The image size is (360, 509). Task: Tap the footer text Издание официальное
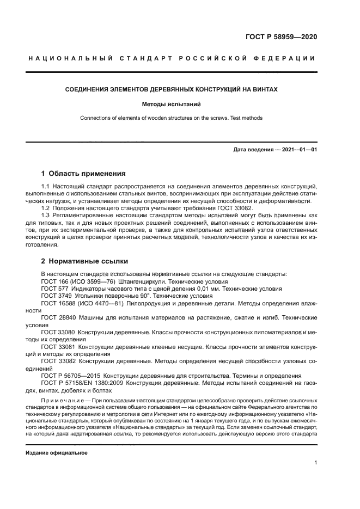pos(57,452)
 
